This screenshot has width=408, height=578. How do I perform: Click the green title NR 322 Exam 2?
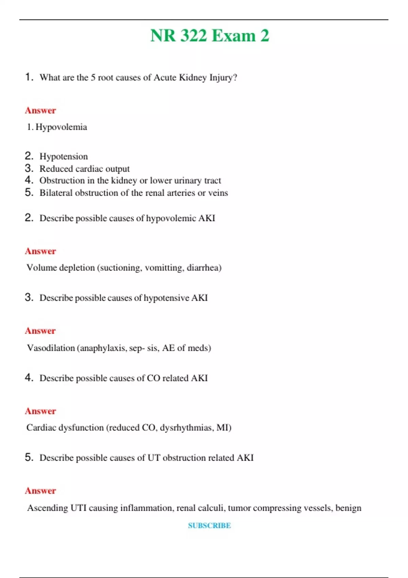click(209, 36)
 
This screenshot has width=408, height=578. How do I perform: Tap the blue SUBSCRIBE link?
click(209, 525)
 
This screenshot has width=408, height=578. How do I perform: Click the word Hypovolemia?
click(61, 127)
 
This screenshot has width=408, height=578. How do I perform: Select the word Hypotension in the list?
click(64, 156)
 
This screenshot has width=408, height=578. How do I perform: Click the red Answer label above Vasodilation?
click(40, 331)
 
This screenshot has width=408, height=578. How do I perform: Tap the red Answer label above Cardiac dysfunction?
click(40, 411)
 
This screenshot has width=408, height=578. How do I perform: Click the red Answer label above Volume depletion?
click(40, 251)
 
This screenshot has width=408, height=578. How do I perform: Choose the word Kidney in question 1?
click(193, 78)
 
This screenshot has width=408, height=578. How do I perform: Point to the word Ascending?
click(48, 508)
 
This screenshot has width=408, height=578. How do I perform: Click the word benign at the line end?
click(348, 508)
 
